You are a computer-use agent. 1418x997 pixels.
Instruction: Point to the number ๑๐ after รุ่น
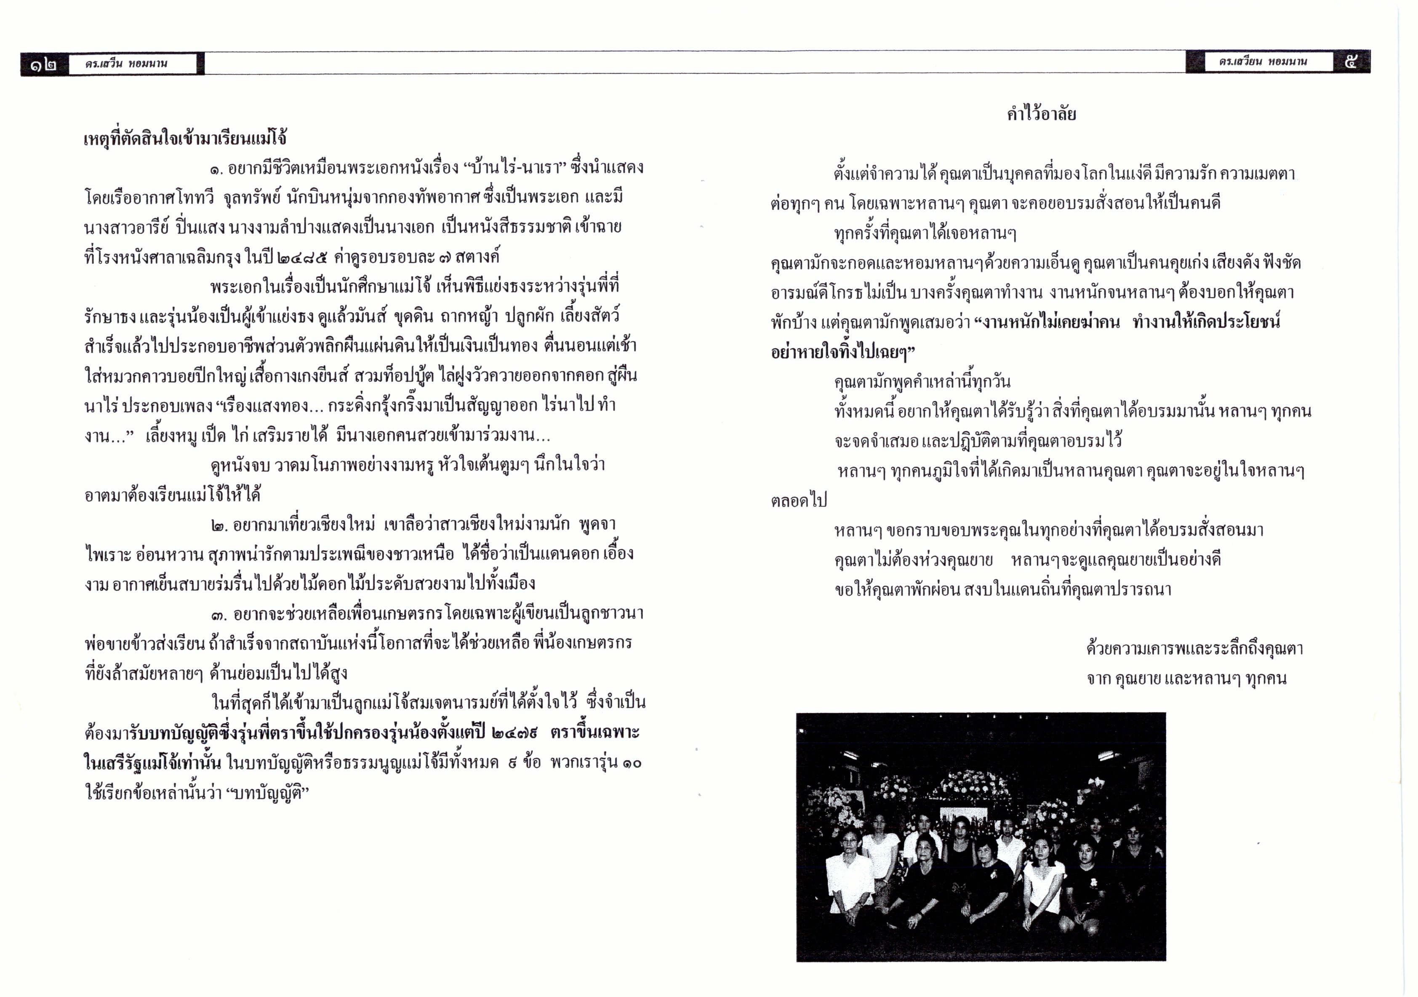click(631, 763)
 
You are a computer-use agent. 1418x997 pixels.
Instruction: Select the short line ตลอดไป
click(799, 500)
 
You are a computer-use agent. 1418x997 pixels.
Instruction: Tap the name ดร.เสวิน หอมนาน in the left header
click(127, 64)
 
